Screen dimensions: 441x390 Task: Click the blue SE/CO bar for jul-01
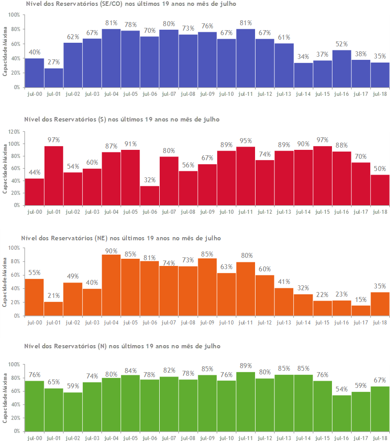coord(54,77)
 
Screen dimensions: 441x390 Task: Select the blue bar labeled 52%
coord(342,68)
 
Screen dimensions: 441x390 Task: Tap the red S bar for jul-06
coord(150,195)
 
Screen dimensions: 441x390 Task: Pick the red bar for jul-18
coord(380,190)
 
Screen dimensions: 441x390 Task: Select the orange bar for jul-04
coord(111,285)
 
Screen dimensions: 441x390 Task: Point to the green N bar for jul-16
coord(342,413)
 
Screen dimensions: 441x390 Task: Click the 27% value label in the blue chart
coord(54,62)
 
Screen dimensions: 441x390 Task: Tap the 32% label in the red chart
coord(150,180)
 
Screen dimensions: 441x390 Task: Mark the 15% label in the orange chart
coord(361,300)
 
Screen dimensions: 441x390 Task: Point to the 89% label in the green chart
coord(246,366)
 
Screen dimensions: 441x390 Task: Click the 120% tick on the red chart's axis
coord(13,132)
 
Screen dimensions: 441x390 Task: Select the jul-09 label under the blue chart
coord(207,94)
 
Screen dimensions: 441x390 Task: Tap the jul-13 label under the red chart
coord(284,211)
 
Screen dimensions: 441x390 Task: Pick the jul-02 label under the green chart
coord(72,437)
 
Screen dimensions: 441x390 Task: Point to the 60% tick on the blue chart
coord(14,44)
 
